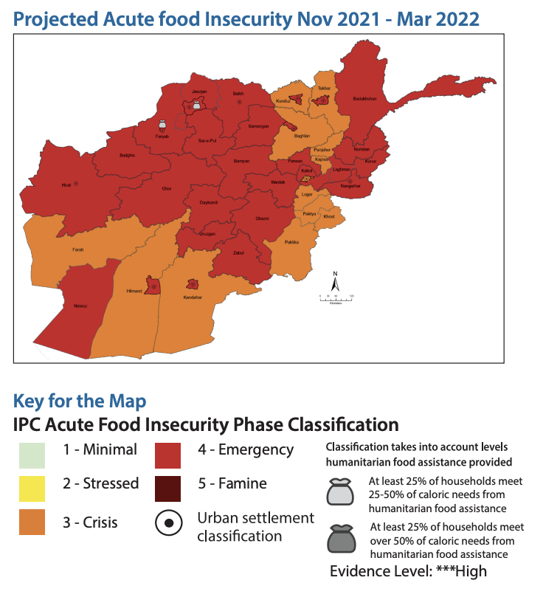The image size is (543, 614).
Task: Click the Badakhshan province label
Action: click(x=365, y=98)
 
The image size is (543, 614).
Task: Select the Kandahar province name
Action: click(x=193, y=297)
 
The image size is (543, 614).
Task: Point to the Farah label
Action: click(x=77, y=249)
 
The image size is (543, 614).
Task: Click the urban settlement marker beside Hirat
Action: click(x=77, y=183)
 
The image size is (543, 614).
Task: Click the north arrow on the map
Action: click(x=335, y=282)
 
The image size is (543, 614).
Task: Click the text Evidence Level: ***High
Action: click(x=408, y=571)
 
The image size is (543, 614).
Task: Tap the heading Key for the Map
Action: click(x=80, y=401)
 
